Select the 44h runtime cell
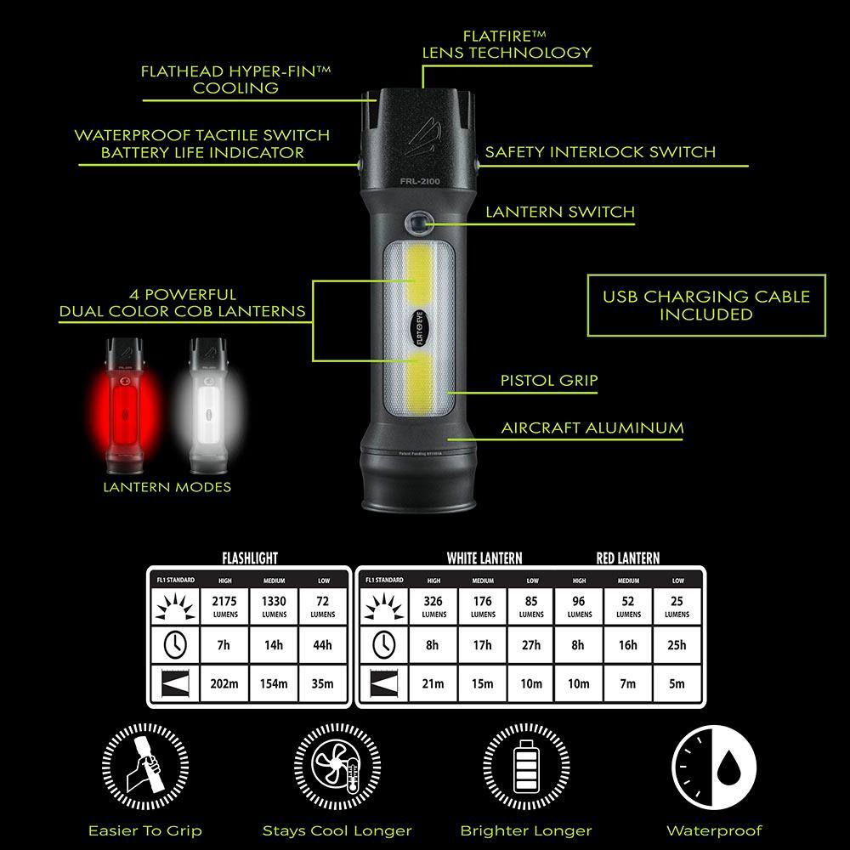coord(322,645)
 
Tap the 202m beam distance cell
coord(224,683)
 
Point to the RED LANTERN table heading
coord(627,558)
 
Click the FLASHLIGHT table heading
coord(250,558)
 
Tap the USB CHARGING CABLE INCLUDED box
coord(705,306)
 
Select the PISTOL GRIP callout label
coord(548,381)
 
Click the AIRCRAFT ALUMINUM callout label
coord(592,428)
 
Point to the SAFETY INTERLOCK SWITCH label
coord(600,153)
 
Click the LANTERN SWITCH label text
coord(559,212)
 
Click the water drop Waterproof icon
coord(713,765)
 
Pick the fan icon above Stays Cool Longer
coord(337,765)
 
